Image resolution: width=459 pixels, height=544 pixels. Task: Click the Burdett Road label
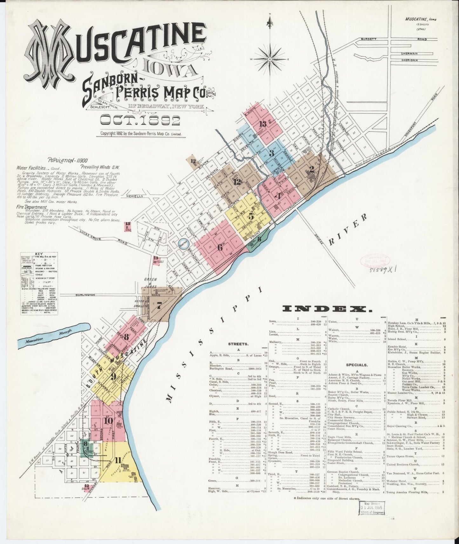(377, 39)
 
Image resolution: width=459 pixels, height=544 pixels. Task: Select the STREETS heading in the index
(236, 343)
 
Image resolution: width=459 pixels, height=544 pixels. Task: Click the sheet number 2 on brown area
(312, 169)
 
